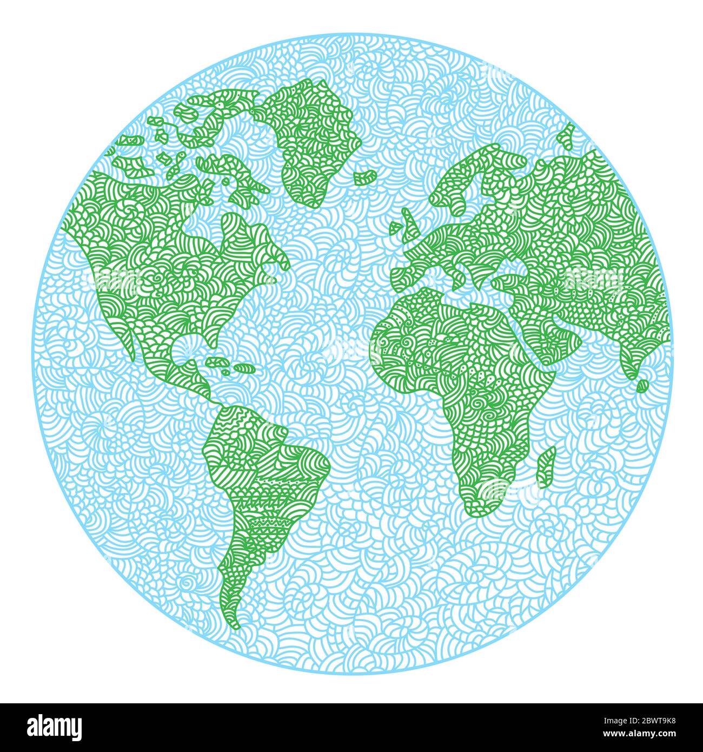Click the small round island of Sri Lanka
[642, 386]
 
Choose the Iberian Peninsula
[411, 273]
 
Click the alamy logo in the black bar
[55, 727]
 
